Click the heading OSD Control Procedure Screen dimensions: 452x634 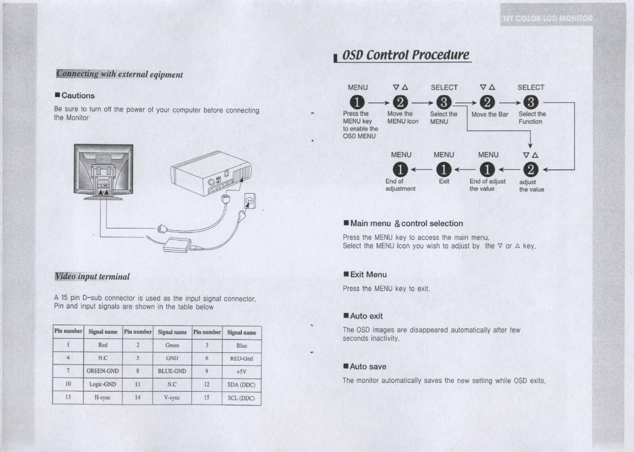click(x=405, y=55)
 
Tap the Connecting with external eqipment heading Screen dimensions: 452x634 click(x=120, y=74)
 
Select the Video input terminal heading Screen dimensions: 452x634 click(x=92, y=276)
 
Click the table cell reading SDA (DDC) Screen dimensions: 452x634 click(x=241, y=385)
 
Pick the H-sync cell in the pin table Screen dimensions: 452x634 click(x=102, y=398)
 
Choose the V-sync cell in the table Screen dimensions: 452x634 click(x=172, y=398)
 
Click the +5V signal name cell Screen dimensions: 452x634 click(x=241, y=371)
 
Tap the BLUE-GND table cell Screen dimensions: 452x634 click(x=172, y=371)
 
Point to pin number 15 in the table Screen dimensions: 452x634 click(x=207, y=398)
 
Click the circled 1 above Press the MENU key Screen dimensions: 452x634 click(x=357, y=103)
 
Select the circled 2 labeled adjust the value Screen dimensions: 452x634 click(x=531, y=170)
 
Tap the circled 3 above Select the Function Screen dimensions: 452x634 click(x=531, y=103)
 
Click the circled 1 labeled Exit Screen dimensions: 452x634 click(x=443, y=170)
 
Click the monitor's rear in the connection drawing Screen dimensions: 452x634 click(x=103, y=170)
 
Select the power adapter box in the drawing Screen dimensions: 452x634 click(x=177, y=244)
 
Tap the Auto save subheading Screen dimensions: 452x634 click(x=368, y=367)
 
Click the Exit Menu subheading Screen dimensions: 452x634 click(x=368, y=274)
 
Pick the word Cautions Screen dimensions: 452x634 click(x=78, y=96)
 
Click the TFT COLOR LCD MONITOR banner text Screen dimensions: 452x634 click(x=548, y=18)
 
